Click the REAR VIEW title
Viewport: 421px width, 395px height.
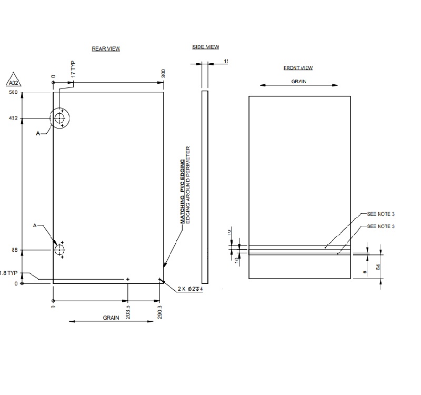coord(106,48)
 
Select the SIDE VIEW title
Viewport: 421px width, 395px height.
coord(205,47)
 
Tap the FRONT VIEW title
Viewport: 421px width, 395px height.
coord(298,68)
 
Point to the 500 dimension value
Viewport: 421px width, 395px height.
coord(13,93)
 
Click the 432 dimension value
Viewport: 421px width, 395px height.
coord(13,118)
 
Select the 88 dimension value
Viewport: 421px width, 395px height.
coord(15,250)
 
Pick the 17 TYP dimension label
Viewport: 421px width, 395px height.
coord(73,70)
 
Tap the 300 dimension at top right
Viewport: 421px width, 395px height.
coord(163,74)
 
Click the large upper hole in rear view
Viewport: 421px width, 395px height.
coord(60,118)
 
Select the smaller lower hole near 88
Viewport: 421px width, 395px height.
coord(59,249)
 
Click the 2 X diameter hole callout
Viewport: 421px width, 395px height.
coord(190,289)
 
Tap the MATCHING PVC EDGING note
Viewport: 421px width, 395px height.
coord(183,192)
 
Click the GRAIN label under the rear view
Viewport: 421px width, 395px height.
coord(111,318)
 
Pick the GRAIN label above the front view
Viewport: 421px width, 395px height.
coord(298,82)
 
